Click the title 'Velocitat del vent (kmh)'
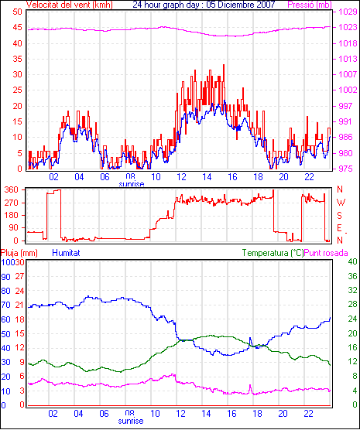tap(70, 5)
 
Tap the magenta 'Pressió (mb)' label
tap(310, 5)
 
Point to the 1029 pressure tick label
tap(348, 12)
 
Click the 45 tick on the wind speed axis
tap(18, 27)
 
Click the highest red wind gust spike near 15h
tap(224, 65)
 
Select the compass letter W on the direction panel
tap(341, 203)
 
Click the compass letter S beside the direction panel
tap(339, 216)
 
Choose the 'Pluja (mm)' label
tap(19, 253)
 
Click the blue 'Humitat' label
tap(66, 253)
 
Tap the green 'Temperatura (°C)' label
tap(273, 253)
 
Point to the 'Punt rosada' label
tap(326, 253)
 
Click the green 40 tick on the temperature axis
tap(352, 261)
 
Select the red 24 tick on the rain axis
tap(19, 291)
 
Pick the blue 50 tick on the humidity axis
tap(5, 334)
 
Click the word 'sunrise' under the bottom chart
tap(131, 421)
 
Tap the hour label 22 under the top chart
tap(309, 177)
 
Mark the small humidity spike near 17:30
tap(250, 339)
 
